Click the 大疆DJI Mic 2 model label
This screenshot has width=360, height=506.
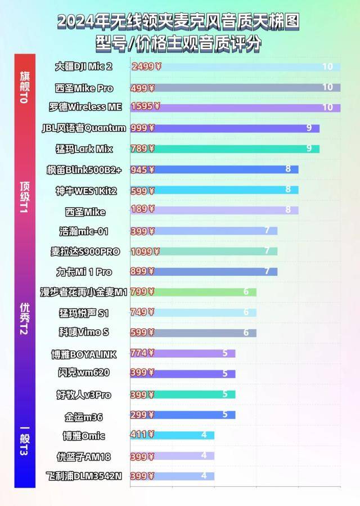coord(84,66)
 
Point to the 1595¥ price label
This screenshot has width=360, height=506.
coord(145,106)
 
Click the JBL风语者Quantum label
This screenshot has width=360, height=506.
coord(84,128)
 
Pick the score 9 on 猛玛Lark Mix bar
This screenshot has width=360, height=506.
coord(309,149)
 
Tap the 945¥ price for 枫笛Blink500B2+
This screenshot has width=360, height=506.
coord(142,169)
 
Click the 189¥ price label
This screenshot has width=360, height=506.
coord(142,211)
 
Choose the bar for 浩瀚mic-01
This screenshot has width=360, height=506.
coord(214,231)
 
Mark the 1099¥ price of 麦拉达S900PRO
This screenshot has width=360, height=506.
coord(145,251)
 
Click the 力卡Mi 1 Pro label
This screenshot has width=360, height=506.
coord(84,272)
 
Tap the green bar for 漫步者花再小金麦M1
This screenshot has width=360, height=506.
coord(202,292)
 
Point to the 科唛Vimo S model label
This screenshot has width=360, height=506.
coord(84,332)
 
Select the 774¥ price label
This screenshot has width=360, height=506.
coord(142,353)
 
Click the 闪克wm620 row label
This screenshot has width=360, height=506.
coord(84,373)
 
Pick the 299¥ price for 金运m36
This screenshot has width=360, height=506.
coord(142,415)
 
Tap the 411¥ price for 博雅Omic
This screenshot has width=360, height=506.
coord(142,435)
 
